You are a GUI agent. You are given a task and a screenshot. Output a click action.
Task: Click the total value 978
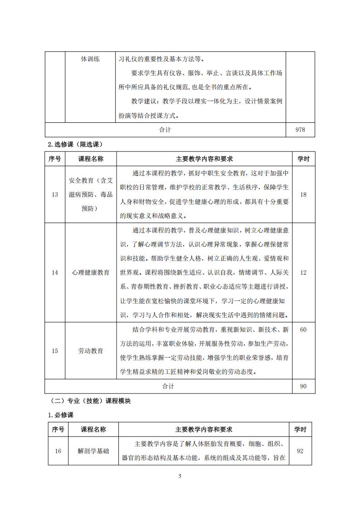(300, 130)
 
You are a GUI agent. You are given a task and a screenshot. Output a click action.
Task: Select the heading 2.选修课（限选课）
(75, 145)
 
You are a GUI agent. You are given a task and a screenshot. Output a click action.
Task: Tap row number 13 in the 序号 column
(55, 194)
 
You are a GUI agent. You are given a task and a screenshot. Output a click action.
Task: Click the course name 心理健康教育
(91, 272)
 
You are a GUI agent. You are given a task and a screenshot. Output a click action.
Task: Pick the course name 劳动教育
(91, 351)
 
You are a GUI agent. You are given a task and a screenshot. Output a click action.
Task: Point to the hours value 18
(303, 194)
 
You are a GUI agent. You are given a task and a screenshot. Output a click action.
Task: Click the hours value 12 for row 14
(303, 272)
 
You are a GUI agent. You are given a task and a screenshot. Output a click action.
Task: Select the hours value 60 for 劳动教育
(303, 330)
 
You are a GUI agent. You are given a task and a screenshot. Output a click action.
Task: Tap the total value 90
(303, 386)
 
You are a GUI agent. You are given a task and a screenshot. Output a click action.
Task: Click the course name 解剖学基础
(93, 451)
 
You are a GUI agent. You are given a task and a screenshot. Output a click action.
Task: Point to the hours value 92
(300, 451)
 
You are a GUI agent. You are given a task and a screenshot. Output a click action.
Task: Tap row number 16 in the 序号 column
(58, 451)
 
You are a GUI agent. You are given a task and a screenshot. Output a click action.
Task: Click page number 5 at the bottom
(180, 476)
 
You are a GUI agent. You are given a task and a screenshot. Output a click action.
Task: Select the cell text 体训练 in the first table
(90, 59)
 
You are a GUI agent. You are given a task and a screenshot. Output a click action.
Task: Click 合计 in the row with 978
(165, 130)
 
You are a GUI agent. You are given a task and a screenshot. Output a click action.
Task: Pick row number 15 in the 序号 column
(55, 351)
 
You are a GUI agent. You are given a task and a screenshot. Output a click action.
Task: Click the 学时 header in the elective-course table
(303, 159)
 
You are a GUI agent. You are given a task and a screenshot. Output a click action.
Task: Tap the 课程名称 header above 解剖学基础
(93, 429)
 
